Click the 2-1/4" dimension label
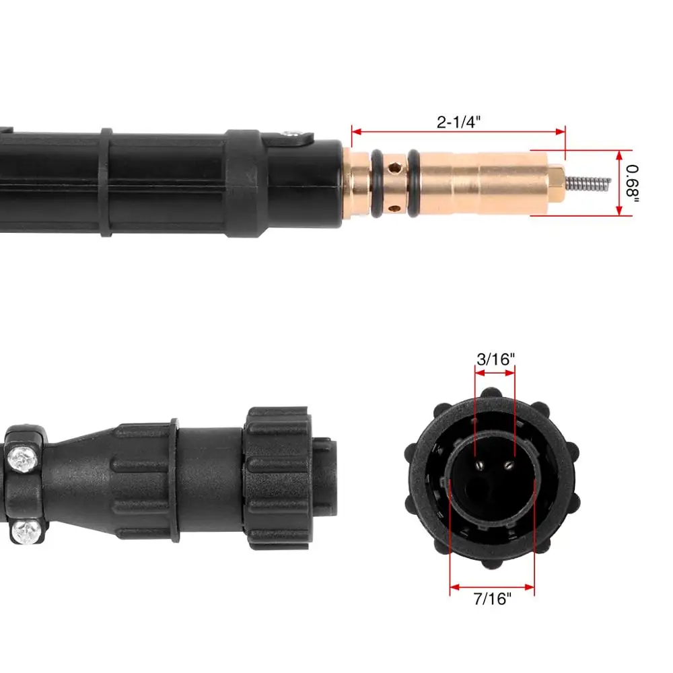(458, 122)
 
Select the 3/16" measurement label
(495, 359)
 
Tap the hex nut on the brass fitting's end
(556, 182)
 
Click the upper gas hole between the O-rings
(396, 165)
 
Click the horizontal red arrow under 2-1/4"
(458, 133)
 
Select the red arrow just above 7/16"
(492, 586)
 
